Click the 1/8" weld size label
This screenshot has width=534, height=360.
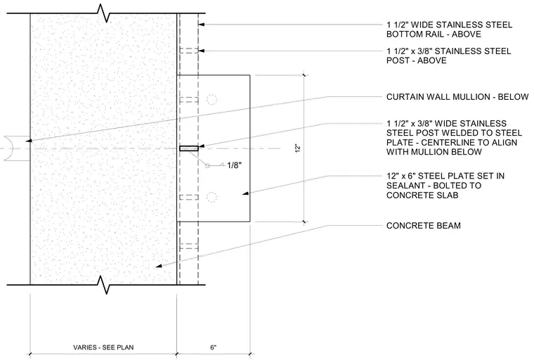[x=234, y=165]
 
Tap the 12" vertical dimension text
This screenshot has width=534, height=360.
[x=298, y=148]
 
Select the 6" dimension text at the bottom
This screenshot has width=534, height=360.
[x=213, y=347]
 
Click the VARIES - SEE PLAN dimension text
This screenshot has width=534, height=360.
[x=103, y=347]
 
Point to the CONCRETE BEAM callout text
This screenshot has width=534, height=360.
[x=423, y=225]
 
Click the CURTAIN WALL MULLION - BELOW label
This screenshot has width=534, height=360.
[x=457, y=97]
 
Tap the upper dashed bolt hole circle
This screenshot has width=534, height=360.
[x=211, y=100]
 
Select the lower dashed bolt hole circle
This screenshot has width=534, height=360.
[x=211, y=197]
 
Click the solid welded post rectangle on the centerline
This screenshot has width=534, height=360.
[x=189, y=148]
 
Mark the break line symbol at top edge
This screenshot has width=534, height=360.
[x=104, y=13]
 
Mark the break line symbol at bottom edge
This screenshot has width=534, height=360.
[x=104, y=285]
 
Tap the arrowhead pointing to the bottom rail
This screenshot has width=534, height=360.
[x=201, y=25]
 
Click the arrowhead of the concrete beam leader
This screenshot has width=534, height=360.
[x=159, y=266]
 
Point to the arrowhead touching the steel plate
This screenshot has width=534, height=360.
[x=245, y=193]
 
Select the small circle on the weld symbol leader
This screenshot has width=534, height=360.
[x=207, y=166]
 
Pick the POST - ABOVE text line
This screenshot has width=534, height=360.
[x=416, y=60]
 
